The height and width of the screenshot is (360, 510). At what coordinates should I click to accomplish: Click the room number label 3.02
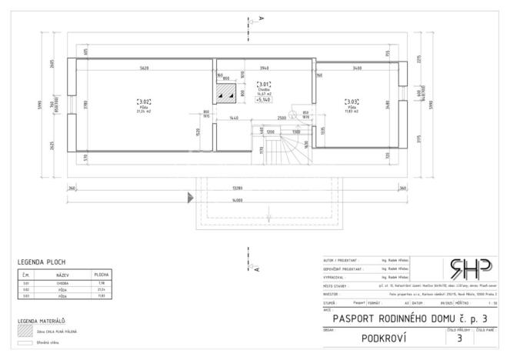143,102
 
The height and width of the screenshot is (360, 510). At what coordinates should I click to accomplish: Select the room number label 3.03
352,102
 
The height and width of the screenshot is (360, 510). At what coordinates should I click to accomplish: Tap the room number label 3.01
263,85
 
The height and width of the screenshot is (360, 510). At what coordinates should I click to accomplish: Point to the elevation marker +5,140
263,100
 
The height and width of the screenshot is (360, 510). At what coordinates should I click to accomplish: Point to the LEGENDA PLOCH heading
41,262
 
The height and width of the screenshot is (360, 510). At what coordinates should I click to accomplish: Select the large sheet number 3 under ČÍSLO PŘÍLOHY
459,337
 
